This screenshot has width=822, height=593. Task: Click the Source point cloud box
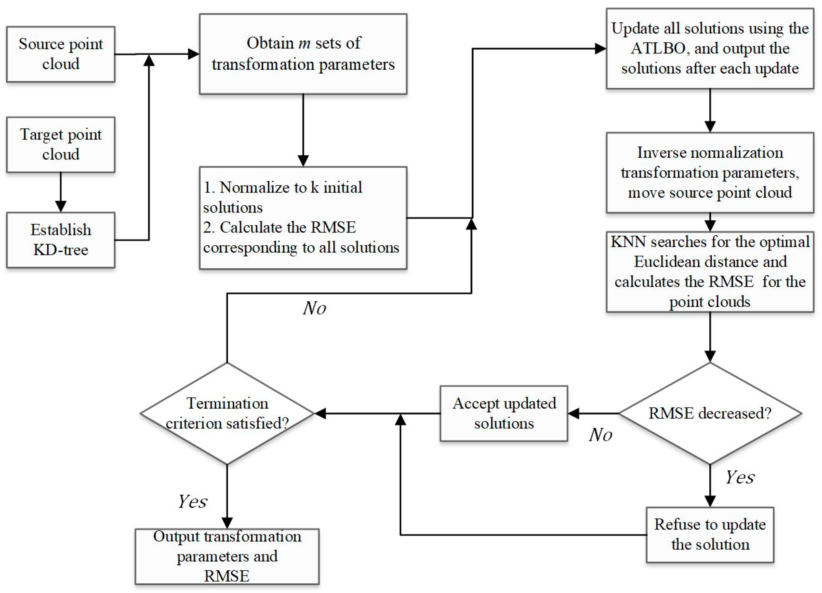[61, 54]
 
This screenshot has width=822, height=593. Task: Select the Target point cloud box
[61, 144]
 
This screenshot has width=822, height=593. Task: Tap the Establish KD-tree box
[61, 240]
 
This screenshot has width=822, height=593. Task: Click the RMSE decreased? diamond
[710, 413]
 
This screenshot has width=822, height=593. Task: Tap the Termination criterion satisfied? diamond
[227, 413]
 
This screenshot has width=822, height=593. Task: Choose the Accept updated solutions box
[504, 413]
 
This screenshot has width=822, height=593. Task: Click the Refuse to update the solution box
[710, 535]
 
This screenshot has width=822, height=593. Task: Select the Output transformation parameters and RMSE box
[227, 556]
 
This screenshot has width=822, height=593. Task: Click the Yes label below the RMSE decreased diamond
[739, 477]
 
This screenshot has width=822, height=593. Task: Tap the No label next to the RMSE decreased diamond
[600, 435]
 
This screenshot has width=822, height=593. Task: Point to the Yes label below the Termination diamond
[192, 502]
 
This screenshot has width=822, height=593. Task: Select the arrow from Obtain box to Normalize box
[303, 130]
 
